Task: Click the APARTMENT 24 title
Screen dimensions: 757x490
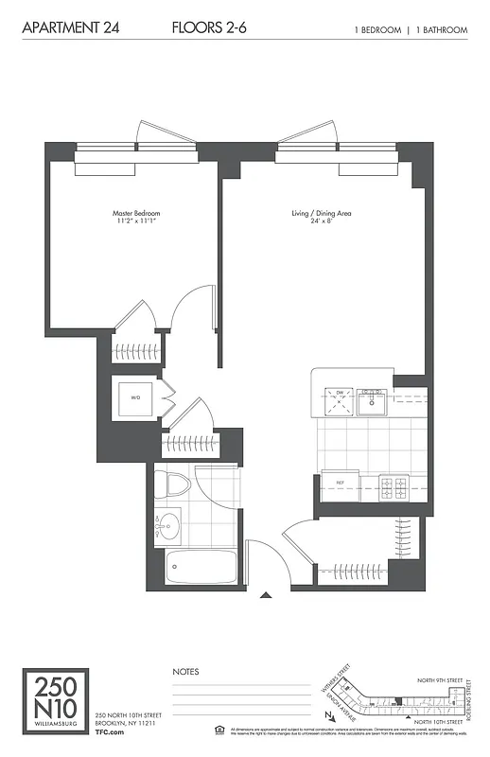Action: (x=64, y=29)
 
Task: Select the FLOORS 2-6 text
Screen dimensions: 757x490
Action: (x=209, y=29)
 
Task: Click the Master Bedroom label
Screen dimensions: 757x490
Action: (x=132, y=219)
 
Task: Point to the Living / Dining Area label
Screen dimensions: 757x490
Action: (x=321, y=219)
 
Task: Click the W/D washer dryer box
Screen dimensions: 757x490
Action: (x=135, y=399)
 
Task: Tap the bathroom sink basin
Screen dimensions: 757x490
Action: (x=169, y=523)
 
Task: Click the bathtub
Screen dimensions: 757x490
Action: (x=201, y=568)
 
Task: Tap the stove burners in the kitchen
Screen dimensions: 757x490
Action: (x=393, y=488)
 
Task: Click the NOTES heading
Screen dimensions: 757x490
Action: (x=185, y=671)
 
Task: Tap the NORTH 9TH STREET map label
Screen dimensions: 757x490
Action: (x=442, y=679)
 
